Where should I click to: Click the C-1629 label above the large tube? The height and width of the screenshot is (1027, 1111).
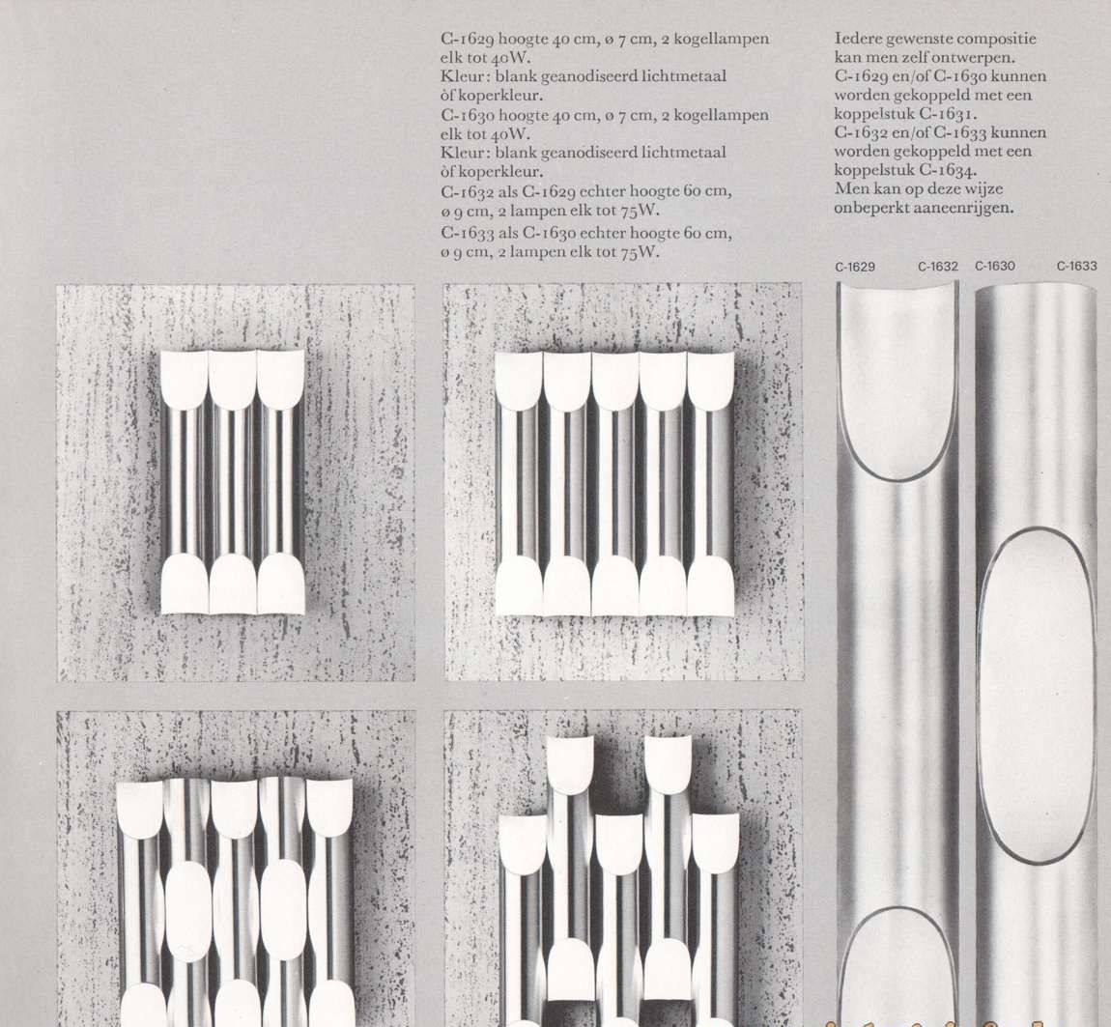pos(856,267)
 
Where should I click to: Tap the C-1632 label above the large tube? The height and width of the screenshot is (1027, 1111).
pos(937,267)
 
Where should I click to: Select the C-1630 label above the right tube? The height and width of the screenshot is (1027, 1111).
pos(995,266)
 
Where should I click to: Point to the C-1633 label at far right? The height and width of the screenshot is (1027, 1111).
pos(1076,266)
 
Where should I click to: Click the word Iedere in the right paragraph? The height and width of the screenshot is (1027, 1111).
pos(858,40)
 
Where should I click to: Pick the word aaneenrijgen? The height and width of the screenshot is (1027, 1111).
pos(957,208)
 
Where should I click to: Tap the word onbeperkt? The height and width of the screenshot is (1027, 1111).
pos(869,208)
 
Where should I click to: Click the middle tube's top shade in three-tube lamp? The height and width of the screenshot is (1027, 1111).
pos(233,379)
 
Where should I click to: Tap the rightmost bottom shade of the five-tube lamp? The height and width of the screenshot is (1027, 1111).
pos(710,586)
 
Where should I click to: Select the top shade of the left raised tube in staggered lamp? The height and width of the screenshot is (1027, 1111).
pos(570,763)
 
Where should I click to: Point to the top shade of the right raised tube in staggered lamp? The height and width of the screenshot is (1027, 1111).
pos(668,763)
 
